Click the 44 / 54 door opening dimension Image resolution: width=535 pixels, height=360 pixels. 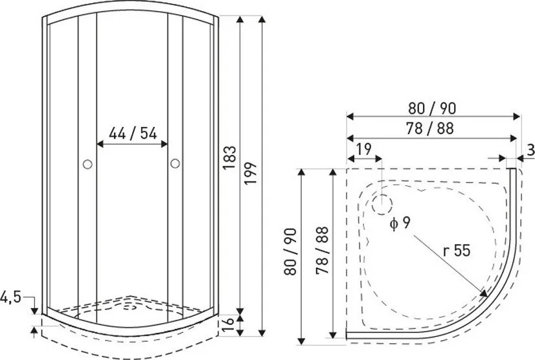[133, 133]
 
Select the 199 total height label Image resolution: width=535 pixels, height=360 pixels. [251, 173]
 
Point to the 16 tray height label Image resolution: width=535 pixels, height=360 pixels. [228, 325]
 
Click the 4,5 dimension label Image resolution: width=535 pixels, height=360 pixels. [10, 297]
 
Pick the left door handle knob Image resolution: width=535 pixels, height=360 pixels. [87, 164]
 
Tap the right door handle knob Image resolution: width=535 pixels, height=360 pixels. [175, 163]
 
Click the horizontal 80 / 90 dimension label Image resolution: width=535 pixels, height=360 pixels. [432, 109]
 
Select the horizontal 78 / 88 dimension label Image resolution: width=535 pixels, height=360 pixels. [430, 129]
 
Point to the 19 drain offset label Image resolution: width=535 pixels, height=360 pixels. [364, 149]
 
